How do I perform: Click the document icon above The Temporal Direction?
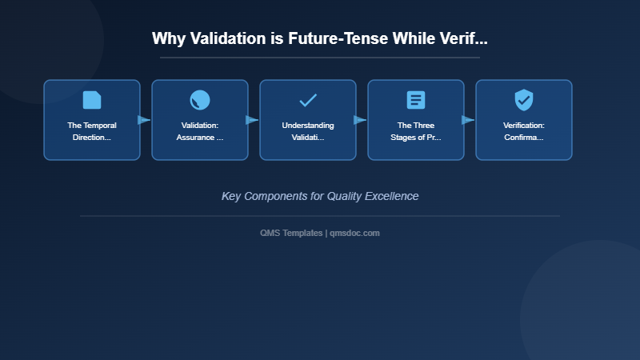tap(92, 100)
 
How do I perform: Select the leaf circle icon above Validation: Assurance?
tap(200, 100)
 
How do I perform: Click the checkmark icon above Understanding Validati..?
tap(308, 100)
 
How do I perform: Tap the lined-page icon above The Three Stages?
tap(416, 100)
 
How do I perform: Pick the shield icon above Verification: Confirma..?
tap(524, 100)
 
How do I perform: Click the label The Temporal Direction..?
tap(92, 131)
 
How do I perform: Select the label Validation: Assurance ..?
tap(200, 131)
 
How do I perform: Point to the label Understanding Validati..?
tap(308, 131)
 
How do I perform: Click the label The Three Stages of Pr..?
tap(416, 131)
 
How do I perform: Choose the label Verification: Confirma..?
tap(524, 131)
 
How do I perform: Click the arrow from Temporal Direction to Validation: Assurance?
tap(144, 120)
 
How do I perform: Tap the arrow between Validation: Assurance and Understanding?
tap(252, 120)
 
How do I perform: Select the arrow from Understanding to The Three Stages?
tap(360, 120)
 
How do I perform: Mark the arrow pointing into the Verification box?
tap(468, 120)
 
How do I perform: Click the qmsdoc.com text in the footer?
tap(355, 233)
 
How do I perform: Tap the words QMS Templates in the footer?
tap(291, 233)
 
